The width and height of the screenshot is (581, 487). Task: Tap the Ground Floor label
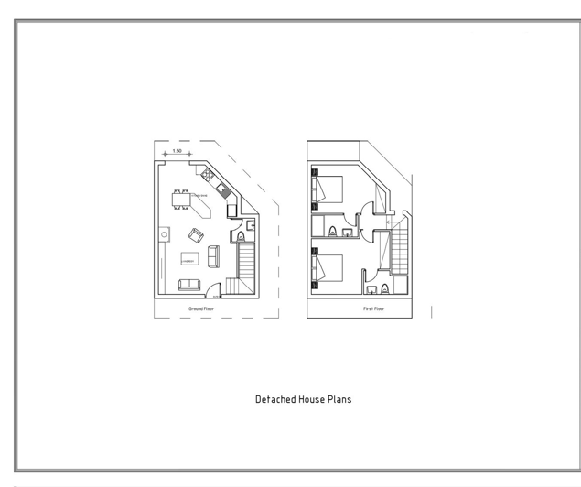point(201,309)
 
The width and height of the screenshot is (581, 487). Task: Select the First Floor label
point(373,309)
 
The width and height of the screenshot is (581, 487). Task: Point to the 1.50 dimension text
point(177,151)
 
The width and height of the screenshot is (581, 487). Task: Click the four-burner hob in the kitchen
point(210,174)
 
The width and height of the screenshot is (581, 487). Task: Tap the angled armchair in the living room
point(197,234)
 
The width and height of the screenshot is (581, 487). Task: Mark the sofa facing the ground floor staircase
point(213,256)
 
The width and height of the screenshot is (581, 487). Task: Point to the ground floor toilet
point(242,237)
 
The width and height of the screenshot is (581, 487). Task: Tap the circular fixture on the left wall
point(165,234)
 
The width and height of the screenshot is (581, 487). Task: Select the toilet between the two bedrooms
point(337,230)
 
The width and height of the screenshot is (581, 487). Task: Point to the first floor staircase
point(401,251)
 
